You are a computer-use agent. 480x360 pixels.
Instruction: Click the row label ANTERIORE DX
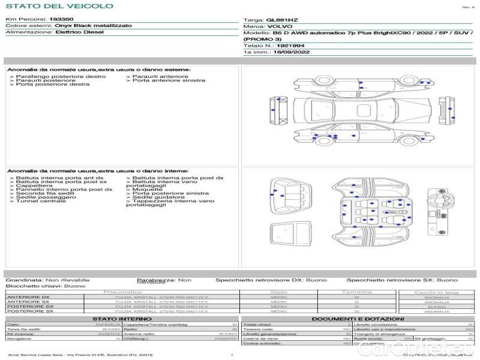(x=29, y=297)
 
